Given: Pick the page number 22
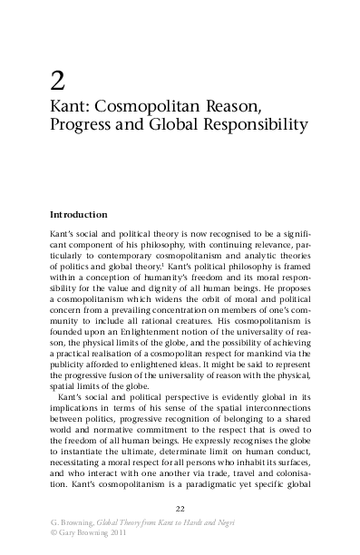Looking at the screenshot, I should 180,507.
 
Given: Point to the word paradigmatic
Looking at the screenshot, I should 214,483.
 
